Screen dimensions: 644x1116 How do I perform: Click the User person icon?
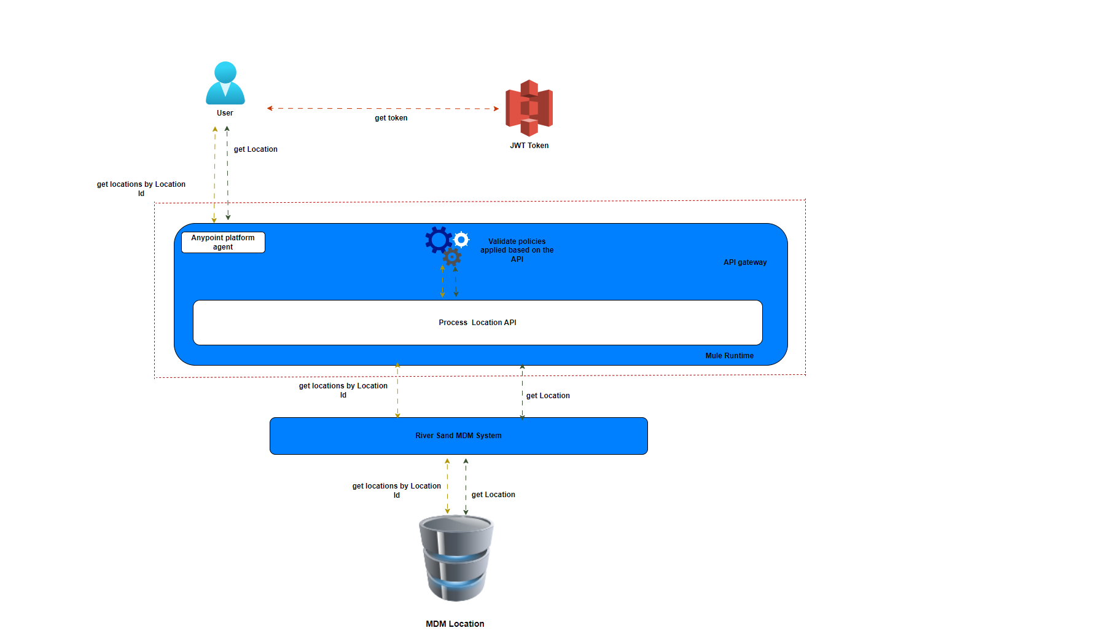point(225,83)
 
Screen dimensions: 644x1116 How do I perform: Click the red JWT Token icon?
point(529,108)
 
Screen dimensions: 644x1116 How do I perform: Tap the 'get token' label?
point(391,118)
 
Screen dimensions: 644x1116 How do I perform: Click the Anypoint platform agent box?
point(223,242)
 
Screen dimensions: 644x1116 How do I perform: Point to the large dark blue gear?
point(439,240)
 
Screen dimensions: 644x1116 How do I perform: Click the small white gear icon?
point(461,239)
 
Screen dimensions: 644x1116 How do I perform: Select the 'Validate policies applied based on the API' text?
point(517,250)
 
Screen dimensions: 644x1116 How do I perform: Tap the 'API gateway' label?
point(744,262)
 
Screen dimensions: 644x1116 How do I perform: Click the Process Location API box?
point(477,323)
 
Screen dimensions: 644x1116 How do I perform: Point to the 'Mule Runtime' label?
point(729,356)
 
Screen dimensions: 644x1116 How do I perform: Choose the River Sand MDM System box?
point(458,436)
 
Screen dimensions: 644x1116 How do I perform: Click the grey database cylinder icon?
point(456,558)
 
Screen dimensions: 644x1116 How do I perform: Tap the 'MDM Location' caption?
point(455,624)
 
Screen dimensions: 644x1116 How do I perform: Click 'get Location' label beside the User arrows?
point(256,149)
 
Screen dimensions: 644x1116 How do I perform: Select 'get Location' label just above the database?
point(493,495)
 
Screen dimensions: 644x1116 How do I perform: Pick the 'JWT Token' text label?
point(529,146)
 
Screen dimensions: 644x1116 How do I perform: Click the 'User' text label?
point(225,113)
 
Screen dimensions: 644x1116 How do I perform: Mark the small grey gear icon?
point(452,257)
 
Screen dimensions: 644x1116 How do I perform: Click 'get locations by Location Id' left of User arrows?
point(141,189)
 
